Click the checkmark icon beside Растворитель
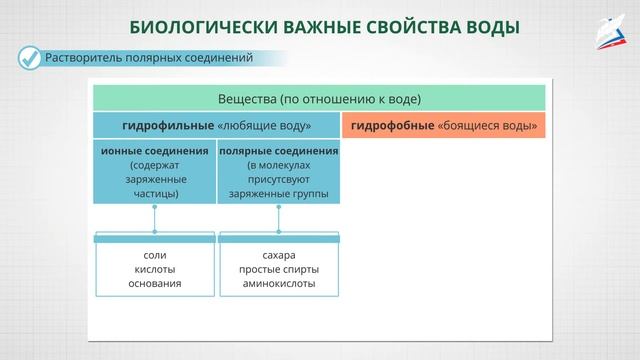(30, 58)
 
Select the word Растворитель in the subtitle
(85, 58)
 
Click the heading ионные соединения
(155, 151)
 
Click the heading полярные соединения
(278, 151)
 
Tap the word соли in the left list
(155, 255)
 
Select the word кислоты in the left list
(155, 269)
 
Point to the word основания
(155, 283)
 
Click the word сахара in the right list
(278, 255)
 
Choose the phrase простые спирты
(278, 269)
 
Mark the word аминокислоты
(278, 283)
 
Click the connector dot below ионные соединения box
(155, 208)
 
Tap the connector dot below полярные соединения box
(278, 208)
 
